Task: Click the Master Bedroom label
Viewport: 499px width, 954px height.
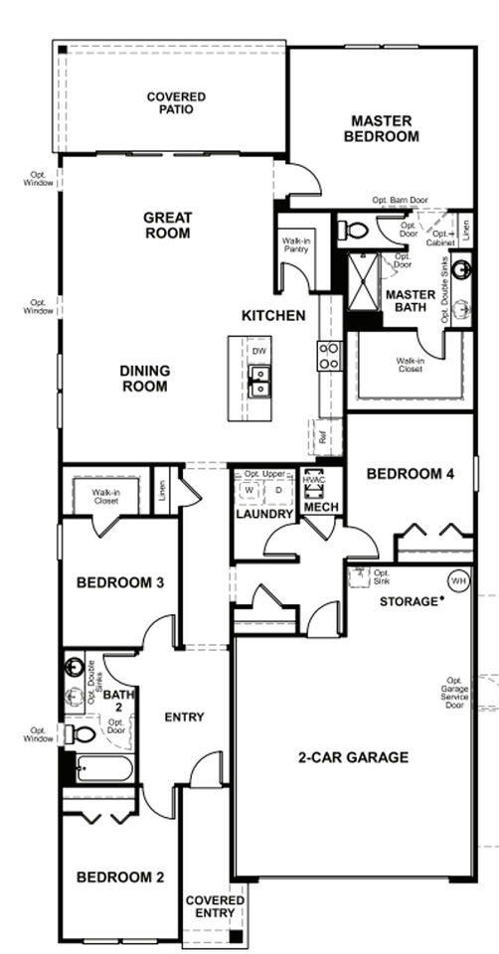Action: pyautogui.click(x=382, y=129)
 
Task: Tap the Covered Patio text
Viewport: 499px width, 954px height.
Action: pyautogui.click(x=176, y=102)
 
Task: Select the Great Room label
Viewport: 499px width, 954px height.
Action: pyautogui.click(x=167, y=225)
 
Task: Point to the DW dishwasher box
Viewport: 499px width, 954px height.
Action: pyautogui.click(x=258, y=352)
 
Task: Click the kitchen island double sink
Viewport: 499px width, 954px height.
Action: pyautogui.click(x=258, y=380)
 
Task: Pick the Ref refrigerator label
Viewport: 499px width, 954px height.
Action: pyautogui.click(x=323, y=433)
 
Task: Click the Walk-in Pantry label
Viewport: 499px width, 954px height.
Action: pyautogui.click(x=295, y=244)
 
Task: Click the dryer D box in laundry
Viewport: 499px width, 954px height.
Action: pyautogui.click(x=278, y=491)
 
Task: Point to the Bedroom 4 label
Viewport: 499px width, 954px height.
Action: pyautogui.click(x=411, y=475)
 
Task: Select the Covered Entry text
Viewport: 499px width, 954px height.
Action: pyautogui.click(x=215, y=906)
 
